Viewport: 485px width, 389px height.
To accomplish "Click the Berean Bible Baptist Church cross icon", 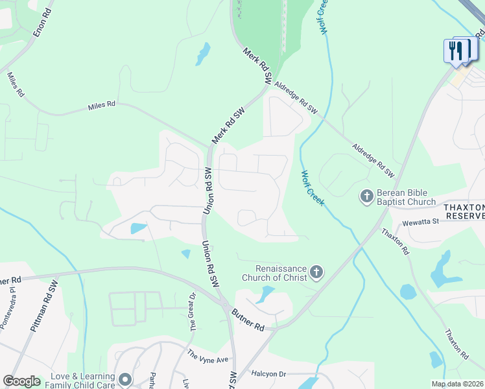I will point(366,195).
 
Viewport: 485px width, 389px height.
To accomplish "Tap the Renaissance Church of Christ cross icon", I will point(316,272).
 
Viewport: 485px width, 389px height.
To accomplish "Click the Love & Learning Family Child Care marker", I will point(124,378).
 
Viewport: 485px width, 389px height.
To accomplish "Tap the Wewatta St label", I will point(421,221).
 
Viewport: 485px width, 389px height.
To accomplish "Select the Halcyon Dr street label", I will point(268,374).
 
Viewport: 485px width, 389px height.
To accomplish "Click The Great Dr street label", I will point(192,312).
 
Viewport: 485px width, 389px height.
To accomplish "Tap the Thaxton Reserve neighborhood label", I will point(464,211).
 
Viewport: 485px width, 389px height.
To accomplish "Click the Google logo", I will point(22,381).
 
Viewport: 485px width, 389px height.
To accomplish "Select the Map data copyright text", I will point(457,384).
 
